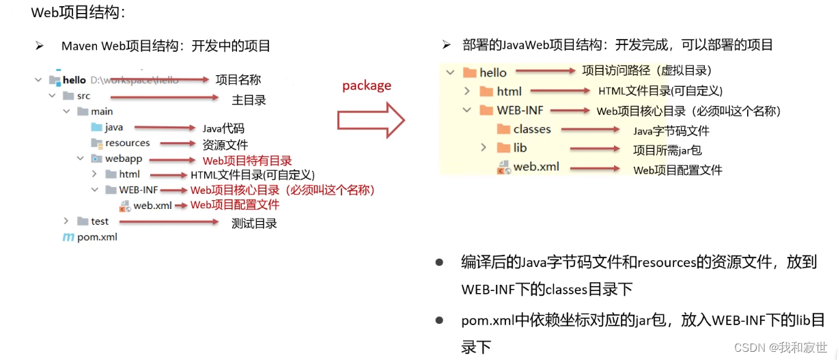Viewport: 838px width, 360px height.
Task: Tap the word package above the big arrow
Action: point(367,85)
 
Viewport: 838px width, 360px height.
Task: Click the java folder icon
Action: point(96,127)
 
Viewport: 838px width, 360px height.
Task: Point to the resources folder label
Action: point(127,143)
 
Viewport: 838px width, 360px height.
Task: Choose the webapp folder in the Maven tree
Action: point(123,158)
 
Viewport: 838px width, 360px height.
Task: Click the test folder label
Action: point(100,221)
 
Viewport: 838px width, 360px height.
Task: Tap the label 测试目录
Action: point(254,223)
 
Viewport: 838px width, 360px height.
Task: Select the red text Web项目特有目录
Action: point(247,161)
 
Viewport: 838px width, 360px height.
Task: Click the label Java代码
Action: point(223,128)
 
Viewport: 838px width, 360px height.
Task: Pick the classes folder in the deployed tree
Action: point(532,129)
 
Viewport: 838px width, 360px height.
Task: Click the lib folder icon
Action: point(503,148)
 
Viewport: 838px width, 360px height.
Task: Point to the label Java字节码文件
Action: point(671,131)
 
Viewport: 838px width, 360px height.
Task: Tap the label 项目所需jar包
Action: point(667,150)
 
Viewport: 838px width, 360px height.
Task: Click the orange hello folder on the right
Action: point(469,72)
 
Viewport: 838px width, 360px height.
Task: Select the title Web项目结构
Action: point(79,12)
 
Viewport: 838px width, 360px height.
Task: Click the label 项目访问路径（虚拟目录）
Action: point(647,70)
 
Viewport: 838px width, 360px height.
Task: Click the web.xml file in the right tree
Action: point(536,167)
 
